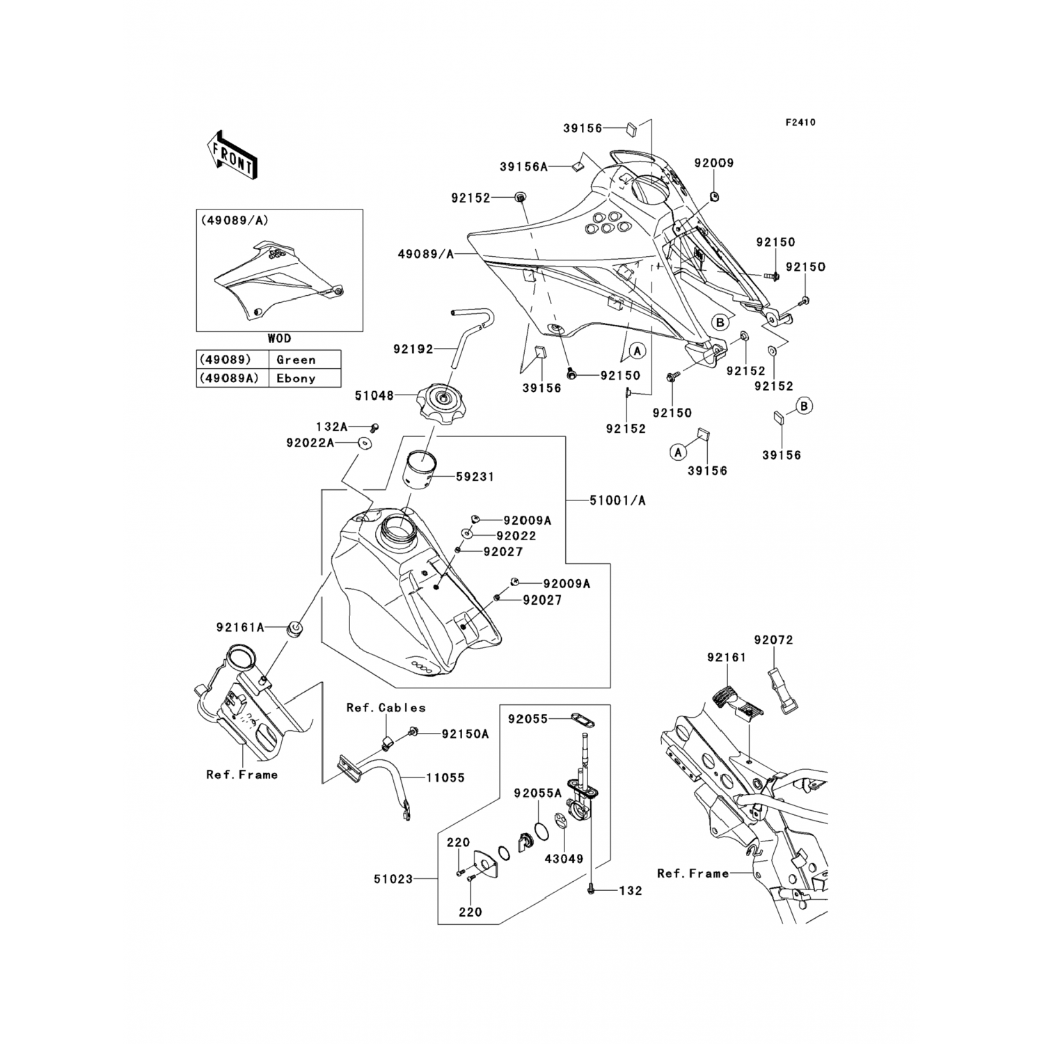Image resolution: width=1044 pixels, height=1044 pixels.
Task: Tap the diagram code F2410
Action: pyautogui.click(x=800, y=122)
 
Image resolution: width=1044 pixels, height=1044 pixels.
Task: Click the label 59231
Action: pyautogui.click(x=475, y=477)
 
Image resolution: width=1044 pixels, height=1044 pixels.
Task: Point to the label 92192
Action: pyautogui.click(x=412, y=350)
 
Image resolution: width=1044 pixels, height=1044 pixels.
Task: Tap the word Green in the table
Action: pyautogui.click(x=296, y=360)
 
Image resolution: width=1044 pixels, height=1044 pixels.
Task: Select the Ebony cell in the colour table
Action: pyautogui.click(x=296, y=379)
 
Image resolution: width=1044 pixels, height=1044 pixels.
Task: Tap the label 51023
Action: pyautogui.click(x=394, y=879)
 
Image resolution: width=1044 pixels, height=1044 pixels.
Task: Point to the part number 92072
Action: pyautogui.click(x=773, y=640)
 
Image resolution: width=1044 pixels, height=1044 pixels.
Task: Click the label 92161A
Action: pyautogui.click(x=240, y=627)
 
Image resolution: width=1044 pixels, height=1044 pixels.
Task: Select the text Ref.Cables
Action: pyautogui.click(x=386, y=708)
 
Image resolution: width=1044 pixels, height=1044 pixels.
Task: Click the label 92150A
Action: pyautogui.click(x=464, y=734)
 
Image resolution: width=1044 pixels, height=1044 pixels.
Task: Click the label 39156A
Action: pyautogui.click(x=543, y=167)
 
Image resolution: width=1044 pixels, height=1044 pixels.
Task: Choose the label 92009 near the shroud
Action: pyautogui.click(x=713, y=163)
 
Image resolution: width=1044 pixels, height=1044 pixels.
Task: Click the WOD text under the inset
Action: pyautogui.click(x=279, y=339)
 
